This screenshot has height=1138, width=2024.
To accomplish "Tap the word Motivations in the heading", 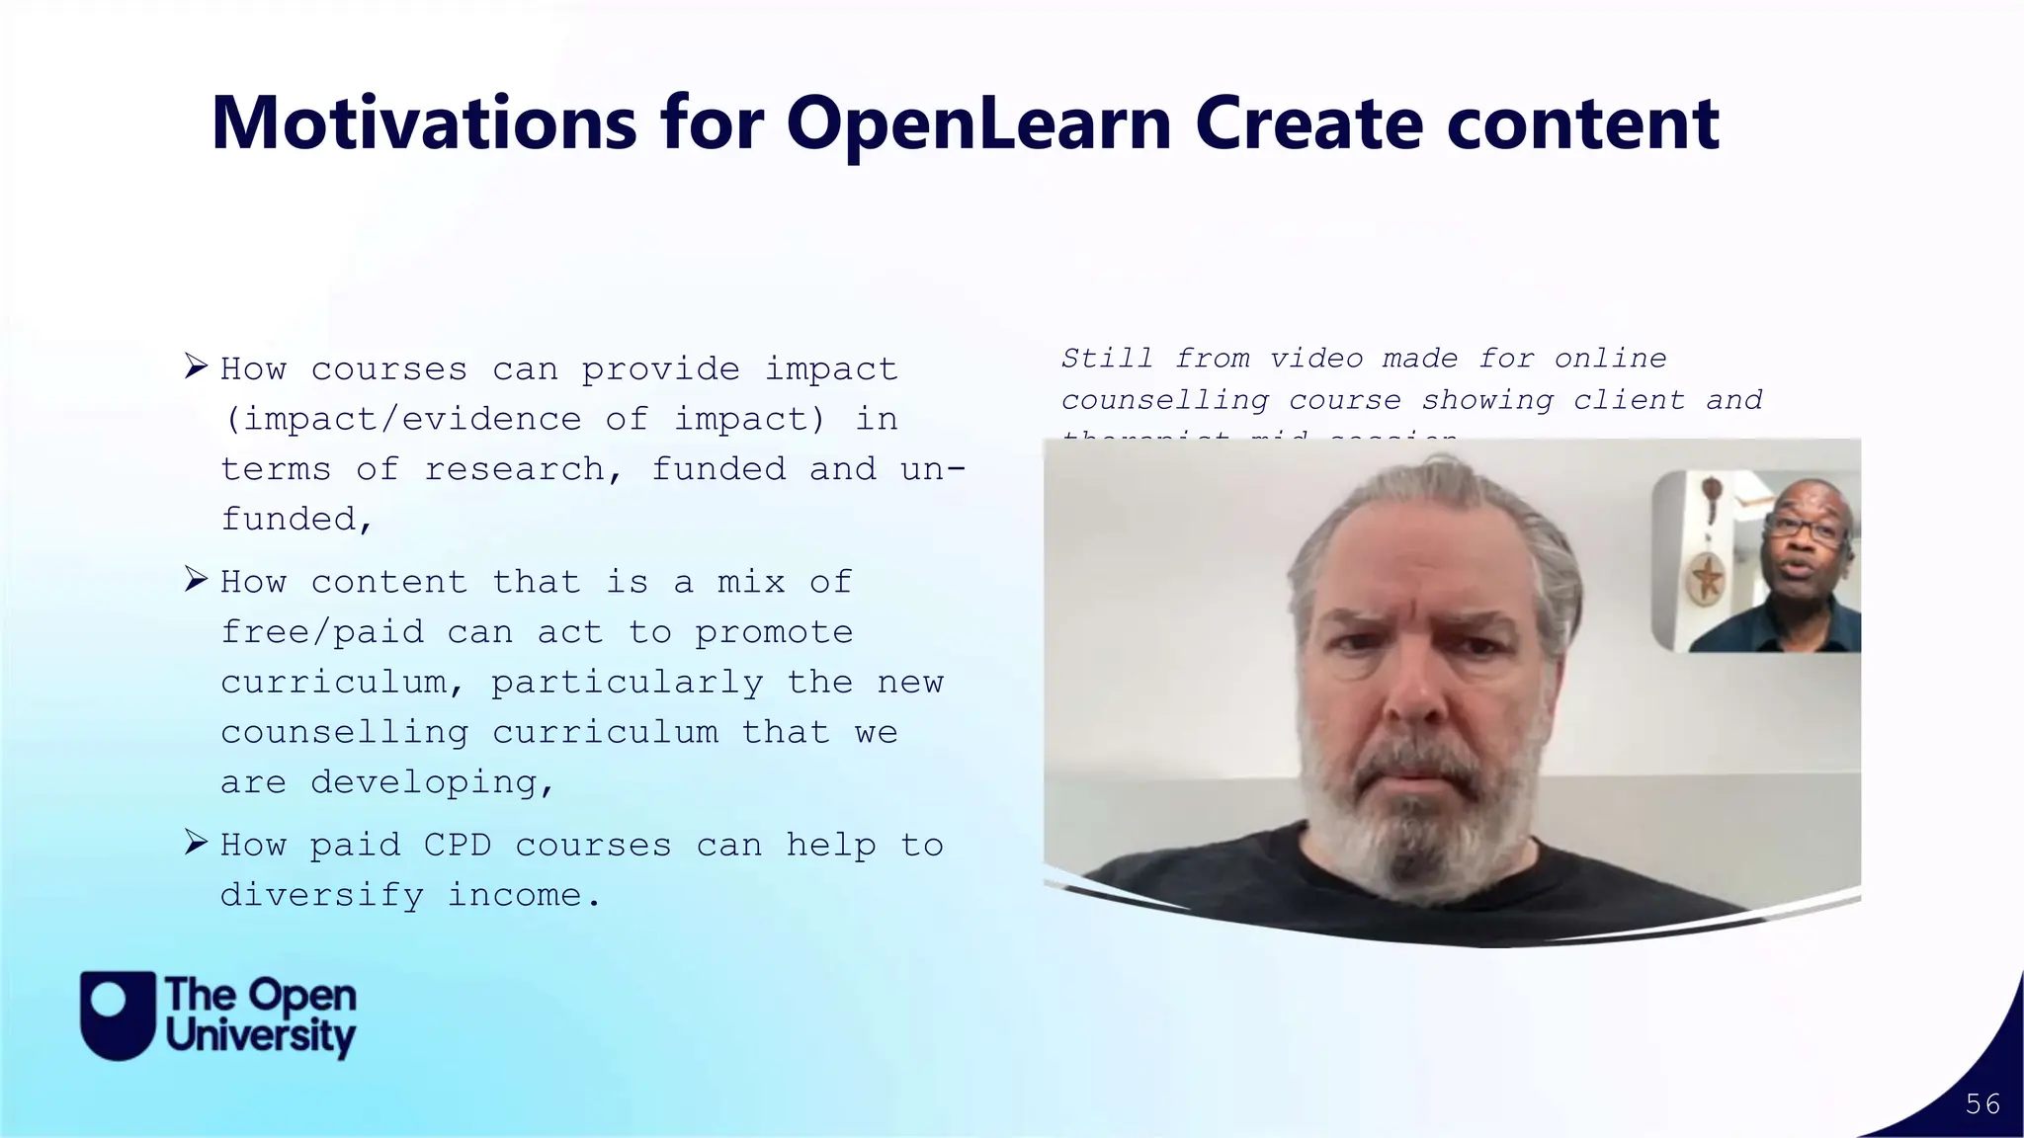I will click(x=424, y=123).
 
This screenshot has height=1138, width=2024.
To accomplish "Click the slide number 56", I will click(x=1982, y=1104).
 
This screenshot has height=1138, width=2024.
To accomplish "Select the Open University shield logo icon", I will click(x=118, y=1015).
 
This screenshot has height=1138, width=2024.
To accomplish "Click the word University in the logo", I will click(x=260, y=1037).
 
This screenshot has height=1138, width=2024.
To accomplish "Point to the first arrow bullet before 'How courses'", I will click(x=196, y=366).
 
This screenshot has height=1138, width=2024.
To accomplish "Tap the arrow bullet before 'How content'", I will click(x=196, y=579).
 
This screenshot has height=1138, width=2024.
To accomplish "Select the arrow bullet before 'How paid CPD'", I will click(x=196, y=843).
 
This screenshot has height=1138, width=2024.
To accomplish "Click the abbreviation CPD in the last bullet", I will click(x=458, y=846).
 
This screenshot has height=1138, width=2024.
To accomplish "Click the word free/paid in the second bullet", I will click(x=322, y=632).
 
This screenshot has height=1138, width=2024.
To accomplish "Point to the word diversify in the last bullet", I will click(x=322, y=895).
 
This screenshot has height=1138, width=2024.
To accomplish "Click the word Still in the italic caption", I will click(x=1107, y=359).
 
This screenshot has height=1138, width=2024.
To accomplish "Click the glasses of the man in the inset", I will click(x=1806, y=530).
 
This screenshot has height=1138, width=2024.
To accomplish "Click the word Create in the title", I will click(x=1310, y=123).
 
